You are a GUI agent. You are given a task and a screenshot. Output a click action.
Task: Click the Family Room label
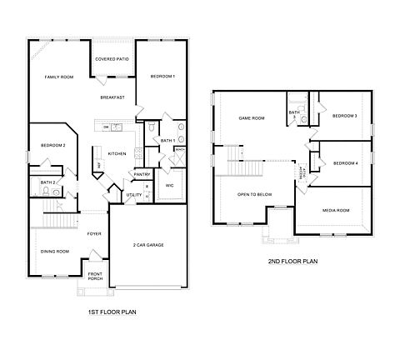coord(59,77)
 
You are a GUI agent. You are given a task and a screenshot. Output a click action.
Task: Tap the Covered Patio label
coord(112,59)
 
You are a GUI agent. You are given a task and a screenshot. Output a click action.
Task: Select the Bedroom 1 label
coord(162,77)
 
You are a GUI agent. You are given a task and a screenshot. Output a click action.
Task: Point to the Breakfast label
coord(112,97)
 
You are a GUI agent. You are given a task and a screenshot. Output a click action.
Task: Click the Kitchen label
coord(117,153)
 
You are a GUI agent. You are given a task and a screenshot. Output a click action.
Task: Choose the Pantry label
coord(142,174)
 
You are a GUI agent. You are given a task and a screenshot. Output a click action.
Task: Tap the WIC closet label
coord(169,185)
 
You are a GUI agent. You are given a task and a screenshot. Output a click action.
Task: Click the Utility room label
coord(134,195)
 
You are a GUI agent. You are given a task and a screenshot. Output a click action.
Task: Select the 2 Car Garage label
coord(147,245)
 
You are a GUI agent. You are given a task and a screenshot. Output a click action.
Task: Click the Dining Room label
coord(55,250)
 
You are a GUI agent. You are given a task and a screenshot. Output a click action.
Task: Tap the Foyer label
coord(94,233)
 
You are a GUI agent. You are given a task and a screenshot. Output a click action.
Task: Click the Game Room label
coord(252,118)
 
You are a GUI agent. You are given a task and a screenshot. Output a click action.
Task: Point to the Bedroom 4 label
coord(344,163)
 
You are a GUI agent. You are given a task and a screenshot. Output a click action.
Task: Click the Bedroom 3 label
coord(344,115)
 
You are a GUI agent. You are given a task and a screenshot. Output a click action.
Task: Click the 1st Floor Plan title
coord(112,312)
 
